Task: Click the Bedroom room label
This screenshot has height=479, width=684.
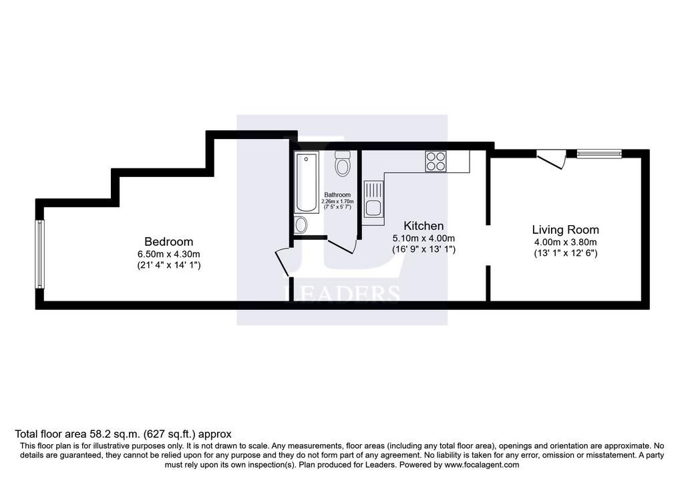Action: coord(169,242)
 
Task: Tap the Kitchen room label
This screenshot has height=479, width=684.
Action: coord(423,226)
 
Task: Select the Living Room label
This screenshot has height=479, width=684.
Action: coord(565,230)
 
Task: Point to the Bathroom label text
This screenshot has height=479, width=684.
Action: coord(337,195)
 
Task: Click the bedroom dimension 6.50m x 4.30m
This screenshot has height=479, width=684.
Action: coord(169,254)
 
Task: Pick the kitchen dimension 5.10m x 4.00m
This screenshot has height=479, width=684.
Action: coord(423,238)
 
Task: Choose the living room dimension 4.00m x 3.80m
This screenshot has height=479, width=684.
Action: coord(565,243)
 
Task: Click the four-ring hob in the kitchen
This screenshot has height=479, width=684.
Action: coord(436,162)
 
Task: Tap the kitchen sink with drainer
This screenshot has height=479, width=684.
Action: coord(373,203)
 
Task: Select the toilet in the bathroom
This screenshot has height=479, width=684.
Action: coord(343,164)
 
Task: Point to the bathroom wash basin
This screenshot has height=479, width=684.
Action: coord(301,225)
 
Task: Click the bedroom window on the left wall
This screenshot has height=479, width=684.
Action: coord(39,254)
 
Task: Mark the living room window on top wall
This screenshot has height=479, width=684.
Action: coord(599,154)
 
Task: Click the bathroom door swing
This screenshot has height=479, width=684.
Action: coord(343,246)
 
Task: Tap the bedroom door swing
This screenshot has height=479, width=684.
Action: coord(283,263)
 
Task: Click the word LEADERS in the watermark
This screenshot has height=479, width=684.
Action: coord(341,293)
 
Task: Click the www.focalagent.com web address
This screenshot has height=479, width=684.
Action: coord(482,465)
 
